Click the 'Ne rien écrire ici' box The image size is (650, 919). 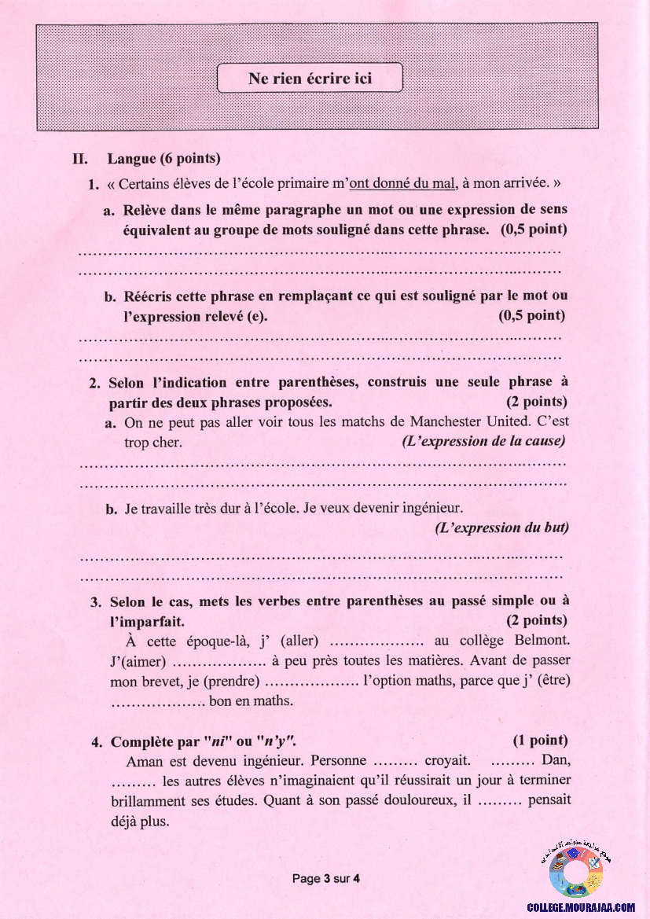(x=310, y=79)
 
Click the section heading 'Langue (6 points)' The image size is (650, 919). (x=163, y=158)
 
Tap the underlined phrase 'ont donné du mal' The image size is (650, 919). (x=402, y=184)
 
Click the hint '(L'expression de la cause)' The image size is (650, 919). (x=483, y=441)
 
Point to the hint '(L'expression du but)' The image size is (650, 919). (x=501, y=528)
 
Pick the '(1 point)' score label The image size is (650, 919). (x=540, y=741)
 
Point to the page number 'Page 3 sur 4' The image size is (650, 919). (x=325, y=878)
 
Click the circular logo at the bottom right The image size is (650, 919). (x=576, y=872)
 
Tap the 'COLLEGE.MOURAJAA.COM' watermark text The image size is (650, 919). (x=581, y=906)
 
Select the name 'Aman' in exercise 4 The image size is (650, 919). (x=143, y=760)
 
